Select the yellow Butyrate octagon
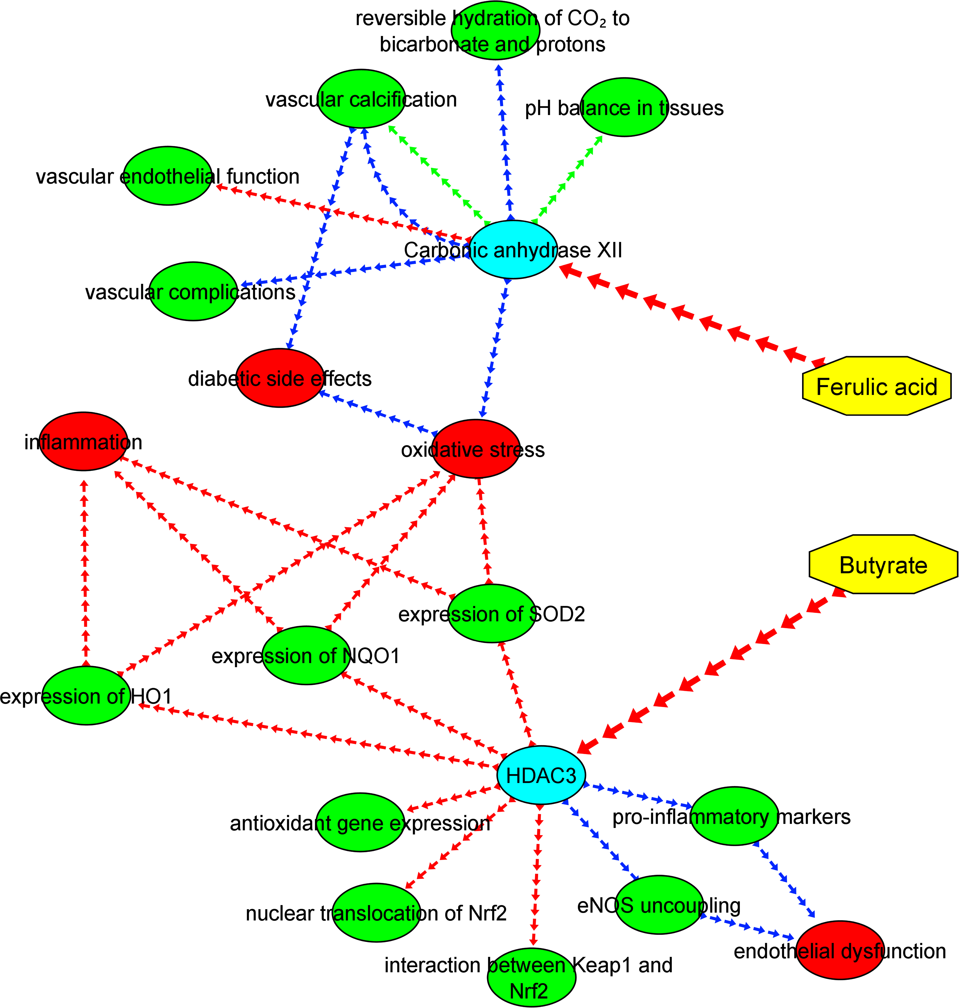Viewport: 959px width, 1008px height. pos(883,564)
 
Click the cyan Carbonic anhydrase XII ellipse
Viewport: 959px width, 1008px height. pos(513,250)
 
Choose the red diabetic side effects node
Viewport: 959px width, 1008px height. pos(280,378)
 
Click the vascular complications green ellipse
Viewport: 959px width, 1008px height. pos(193,292)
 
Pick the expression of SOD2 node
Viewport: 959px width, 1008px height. pos(492,613)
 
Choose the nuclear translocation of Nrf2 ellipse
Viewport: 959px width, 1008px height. pos(377,912)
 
